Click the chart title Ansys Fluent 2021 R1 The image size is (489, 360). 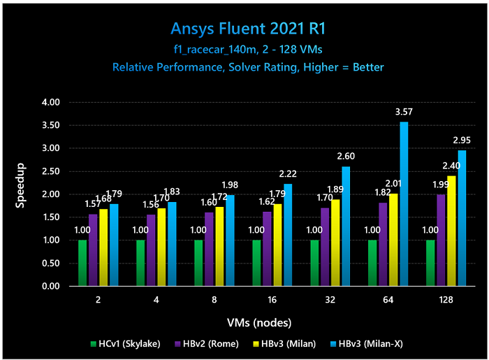(248, 29)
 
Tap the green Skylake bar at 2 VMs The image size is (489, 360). (82, 263)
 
